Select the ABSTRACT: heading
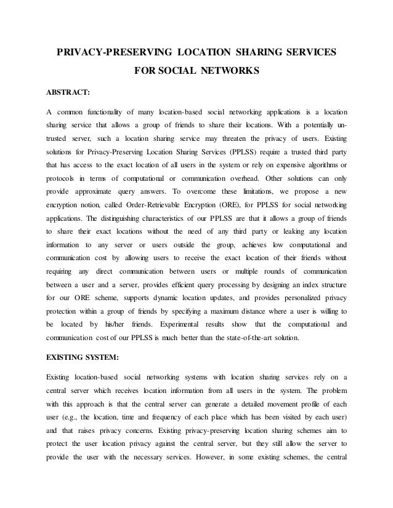coord(68,93)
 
